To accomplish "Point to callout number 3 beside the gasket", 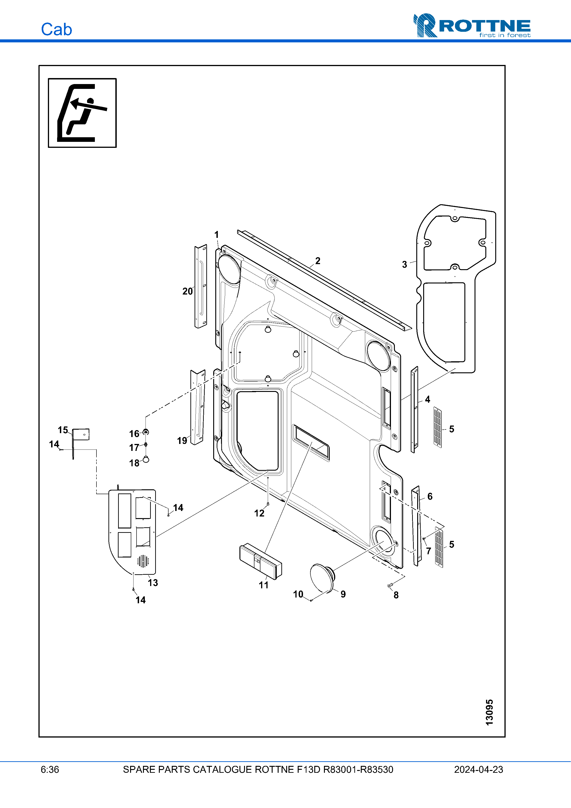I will tap(404, 265).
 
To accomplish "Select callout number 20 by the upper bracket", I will tap(187, 291).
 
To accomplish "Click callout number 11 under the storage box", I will tap(263, 585).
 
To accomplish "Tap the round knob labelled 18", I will tap(146, 459).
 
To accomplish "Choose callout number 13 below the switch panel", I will tap(153, 582).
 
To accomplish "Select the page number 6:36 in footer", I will tap(50, 769).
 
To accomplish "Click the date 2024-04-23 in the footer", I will tap(478, 769).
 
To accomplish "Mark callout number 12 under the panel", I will tap(259, 513).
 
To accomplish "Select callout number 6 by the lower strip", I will tap(430, 496).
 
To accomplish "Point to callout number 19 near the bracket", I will tap(182, 440).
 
